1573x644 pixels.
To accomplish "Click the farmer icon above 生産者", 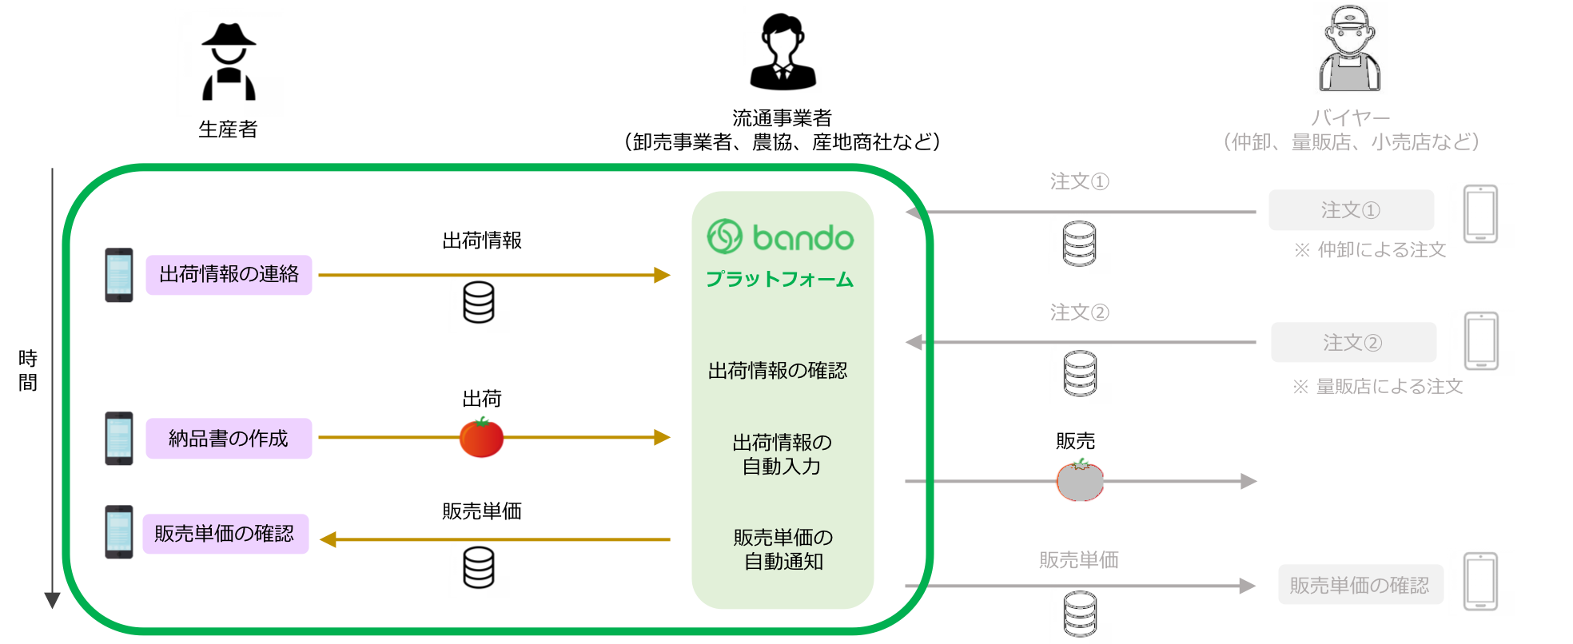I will click(229, 62).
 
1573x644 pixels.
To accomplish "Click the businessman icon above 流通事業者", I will click(783, 52).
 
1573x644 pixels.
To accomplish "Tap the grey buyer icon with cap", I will click(1349, 50).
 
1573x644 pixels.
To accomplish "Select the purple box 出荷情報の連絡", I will click(229, 275).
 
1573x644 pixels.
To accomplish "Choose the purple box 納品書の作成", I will click(229, 439).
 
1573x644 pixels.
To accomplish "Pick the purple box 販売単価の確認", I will click(225, 534).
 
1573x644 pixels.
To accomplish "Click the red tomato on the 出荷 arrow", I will click(481, 438).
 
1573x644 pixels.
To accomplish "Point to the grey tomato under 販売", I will click(1080, 481).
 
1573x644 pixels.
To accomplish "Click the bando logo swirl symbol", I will click(725, 237).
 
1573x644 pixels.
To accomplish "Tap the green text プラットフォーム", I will click(780, 280).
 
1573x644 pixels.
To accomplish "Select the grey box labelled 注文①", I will click(1351, 210).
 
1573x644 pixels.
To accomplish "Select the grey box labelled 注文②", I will click(1353, 343).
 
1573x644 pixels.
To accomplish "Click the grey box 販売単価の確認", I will click(1360, 586).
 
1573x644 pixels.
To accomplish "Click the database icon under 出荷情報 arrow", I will click(479, 304).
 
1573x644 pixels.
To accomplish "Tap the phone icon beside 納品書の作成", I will click(119, 439).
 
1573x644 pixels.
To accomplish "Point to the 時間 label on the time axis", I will click(28, 370).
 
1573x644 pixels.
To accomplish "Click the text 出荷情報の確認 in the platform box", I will click(778, 371).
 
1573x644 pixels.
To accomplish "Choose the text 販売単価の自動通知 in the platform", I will click(783, 549).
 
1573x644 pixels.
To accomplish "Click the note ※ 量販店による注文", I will click(1377, 387).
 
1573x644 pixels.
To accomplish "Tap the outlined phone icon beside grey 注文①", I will click(1480, 214).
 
